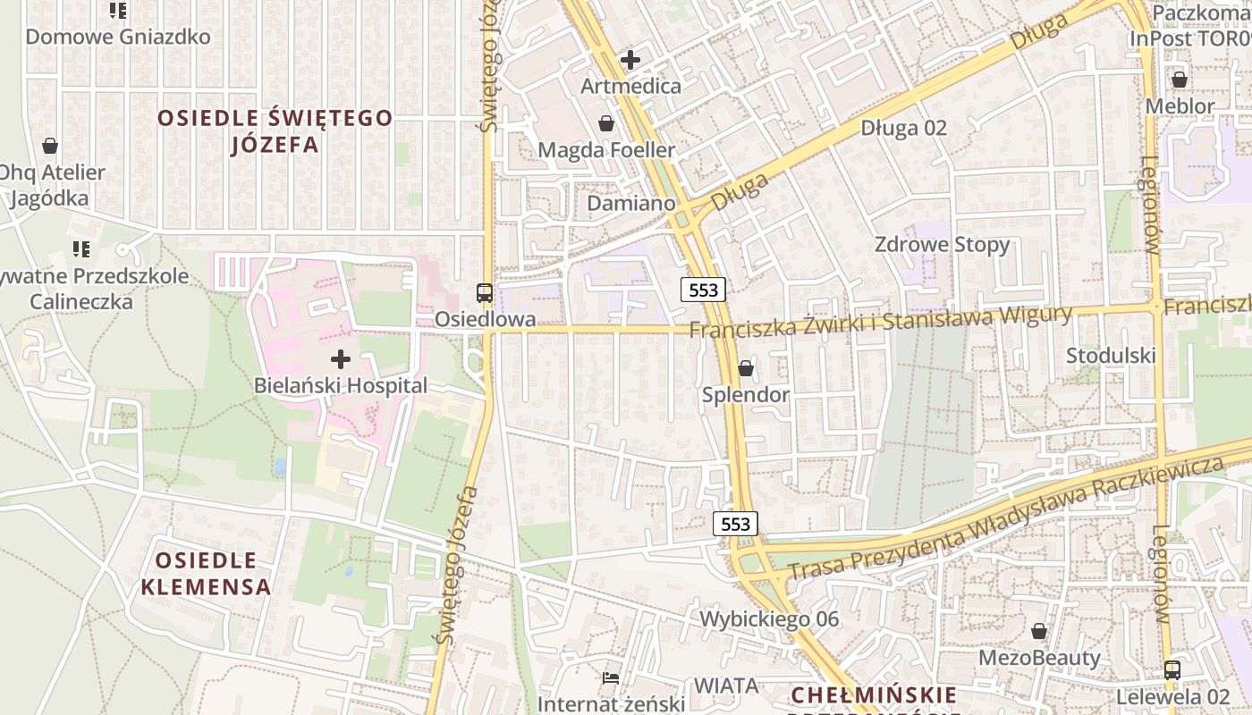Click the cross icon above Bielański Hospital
pyautogui.click(x=341, y=359)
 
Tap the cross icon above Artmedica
pyautogui.click(x=630, y=60)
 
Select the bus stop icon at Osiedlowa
pyautogui.click(x=484, y=292)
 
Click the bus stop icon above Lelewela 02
pyautogui.click(x=1172, y=669)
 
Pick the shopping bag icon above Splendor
pyautogui.click(x=745, y=368)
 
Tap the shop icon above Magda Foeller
pyautogui.click(x=606, y=123)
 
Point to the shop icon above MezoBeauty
pyautogui.click(x=1038, y=632)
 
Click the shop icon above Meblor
pyautogui.click(x=1180, y=80)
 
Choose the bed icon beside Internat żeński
pyautogui.click(x=611, y=678)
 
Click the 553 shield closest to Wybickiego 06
pyautogui.click(x=735, y=524)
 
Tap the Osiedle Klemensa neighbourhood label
pyautogui.click(x=206, y=574)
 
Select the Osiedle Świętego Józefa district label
pyautogui.click(x=275, y=130)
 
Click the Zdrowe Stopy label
pyautogui.click(x=942, y=245)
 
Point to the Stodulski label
pyautogui.click(x=1111, y=356)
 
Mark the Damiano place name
pyautogui.click(x=630, y=204)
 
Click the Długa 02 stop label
pyautogui.click(x=903, y=128)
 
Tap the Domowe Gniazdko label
pyautogui.click(x=118, y=37)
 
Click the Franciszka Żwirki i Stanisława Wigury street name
pyautogui.click(x=880, y=322)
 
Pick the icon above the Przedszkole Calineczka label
pyautogui.click(x=81, y=249)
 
